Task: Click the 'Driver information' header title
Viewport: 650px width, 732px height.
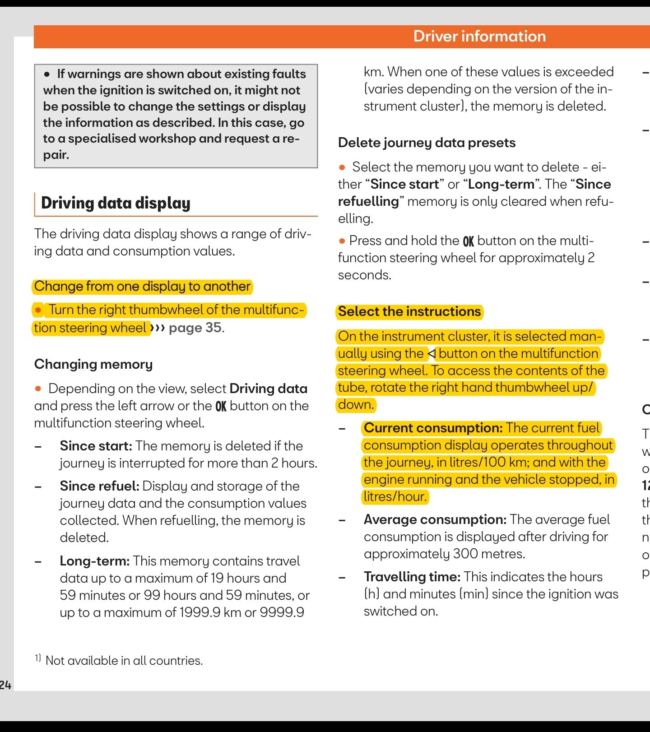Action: click(479, 36)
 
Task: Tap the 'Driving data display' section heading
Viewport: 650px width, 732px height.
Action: click(116, 203)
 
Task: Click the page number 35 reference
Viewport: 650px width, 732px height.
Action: click(214, 328)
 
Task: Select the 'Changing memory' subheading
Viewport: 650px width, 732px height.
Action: click(93, 364)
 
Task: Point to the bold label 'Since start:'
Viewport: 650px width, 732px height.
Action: click(96, 446)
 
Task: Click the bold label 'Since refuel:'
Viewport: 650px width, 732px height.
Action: click(99, 486)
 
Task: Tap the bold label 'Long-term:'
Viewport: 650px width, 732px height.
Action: click(95, 561)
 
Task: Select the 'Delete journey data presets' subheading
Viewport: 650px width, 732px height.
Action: click(427, 143)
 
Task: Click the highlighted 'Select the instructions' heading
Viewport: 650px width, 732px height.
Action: click(409, 311)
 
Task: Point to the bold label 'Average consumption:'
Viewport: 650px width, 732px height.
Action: click(435, 519)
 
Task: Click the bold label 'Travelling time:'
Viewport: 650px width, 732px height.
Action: click(412, 577)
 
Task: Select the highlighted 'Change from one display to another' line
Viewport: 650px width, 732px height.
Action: click(142, 287)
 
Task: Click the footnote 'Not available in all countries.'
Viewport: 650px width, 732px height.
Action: click(124, 661)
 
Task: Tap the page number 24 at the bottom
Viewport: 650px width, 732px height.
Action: click(5, 685)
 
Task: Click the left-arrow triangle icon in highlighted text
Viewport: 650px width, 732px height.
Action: click(432, 353)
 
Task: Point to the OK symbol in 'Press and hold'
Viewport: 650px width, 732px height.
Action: click(469, 241)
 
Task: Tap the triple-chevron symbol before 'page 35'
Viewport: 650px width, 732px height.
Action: click(158, 328)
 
